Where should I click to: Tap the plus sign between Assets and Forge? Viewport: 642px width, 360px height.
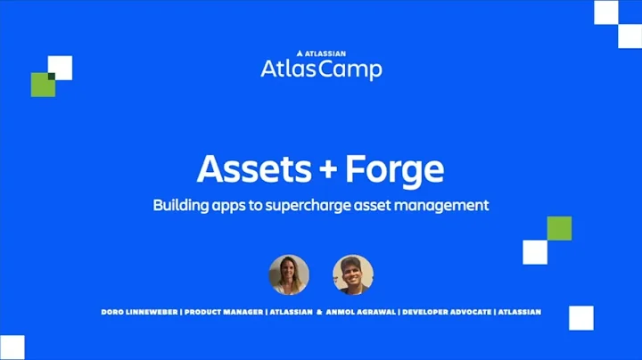pos(327,169)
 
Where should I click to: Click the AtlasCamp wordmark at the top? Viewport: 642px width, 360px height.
pos(321,69)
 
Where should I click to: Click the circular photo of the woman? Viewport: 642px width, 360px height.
pos(289,274)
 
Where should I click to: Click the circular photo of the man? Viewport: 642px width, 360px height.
pos(353,274)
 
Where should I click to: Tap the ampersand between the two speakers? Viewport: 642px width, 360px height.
pos(318,312)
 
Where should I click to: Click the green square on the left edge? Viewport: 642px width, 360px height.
pos(43,85)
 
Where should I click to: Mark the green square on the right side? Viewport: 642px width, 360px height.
pos(559,228)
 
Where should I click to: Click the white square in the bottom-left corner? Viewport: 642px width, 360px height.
pos(12,348)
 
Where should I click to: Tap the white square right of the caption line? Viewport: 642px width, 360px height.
pos(580,317)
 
